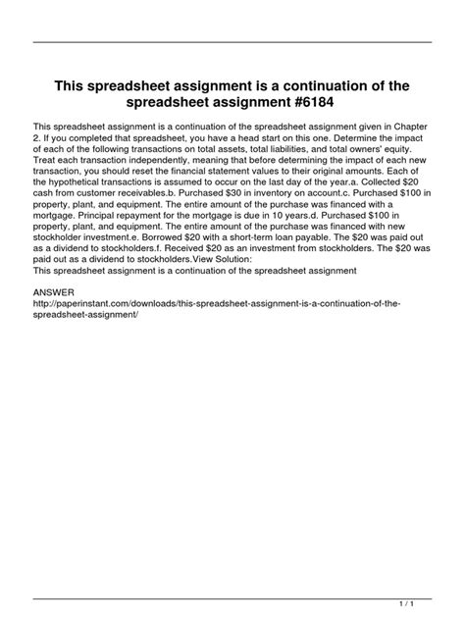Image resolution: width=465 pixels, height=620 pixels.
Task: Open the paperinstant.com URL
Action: point(216,304)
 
